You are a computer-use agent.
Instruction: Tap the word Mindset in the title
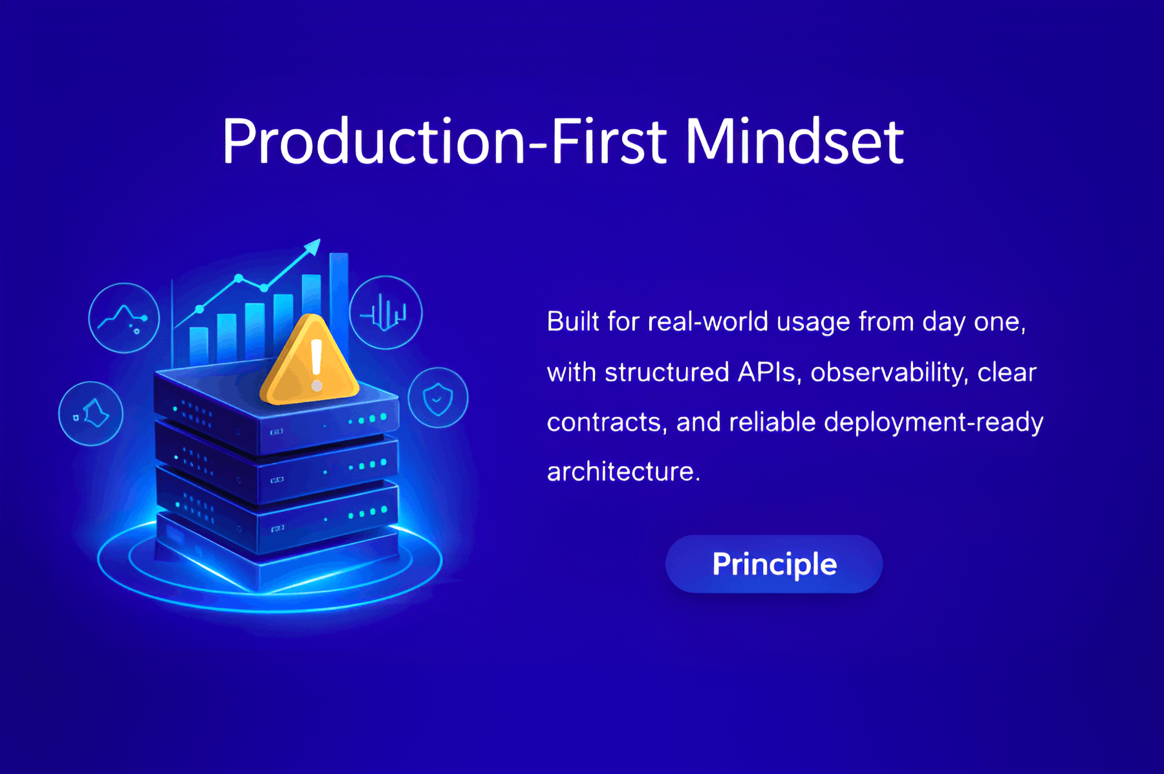point(795,141)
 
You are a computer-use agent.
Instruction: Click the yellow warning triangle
point(309,360)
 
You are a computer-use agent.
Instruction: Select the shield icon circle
point(438,397)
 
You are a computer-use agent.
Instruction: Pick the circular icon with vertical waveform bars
point(386,313)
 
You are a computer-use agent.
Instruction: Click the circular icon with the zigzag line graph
point(124,318)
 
